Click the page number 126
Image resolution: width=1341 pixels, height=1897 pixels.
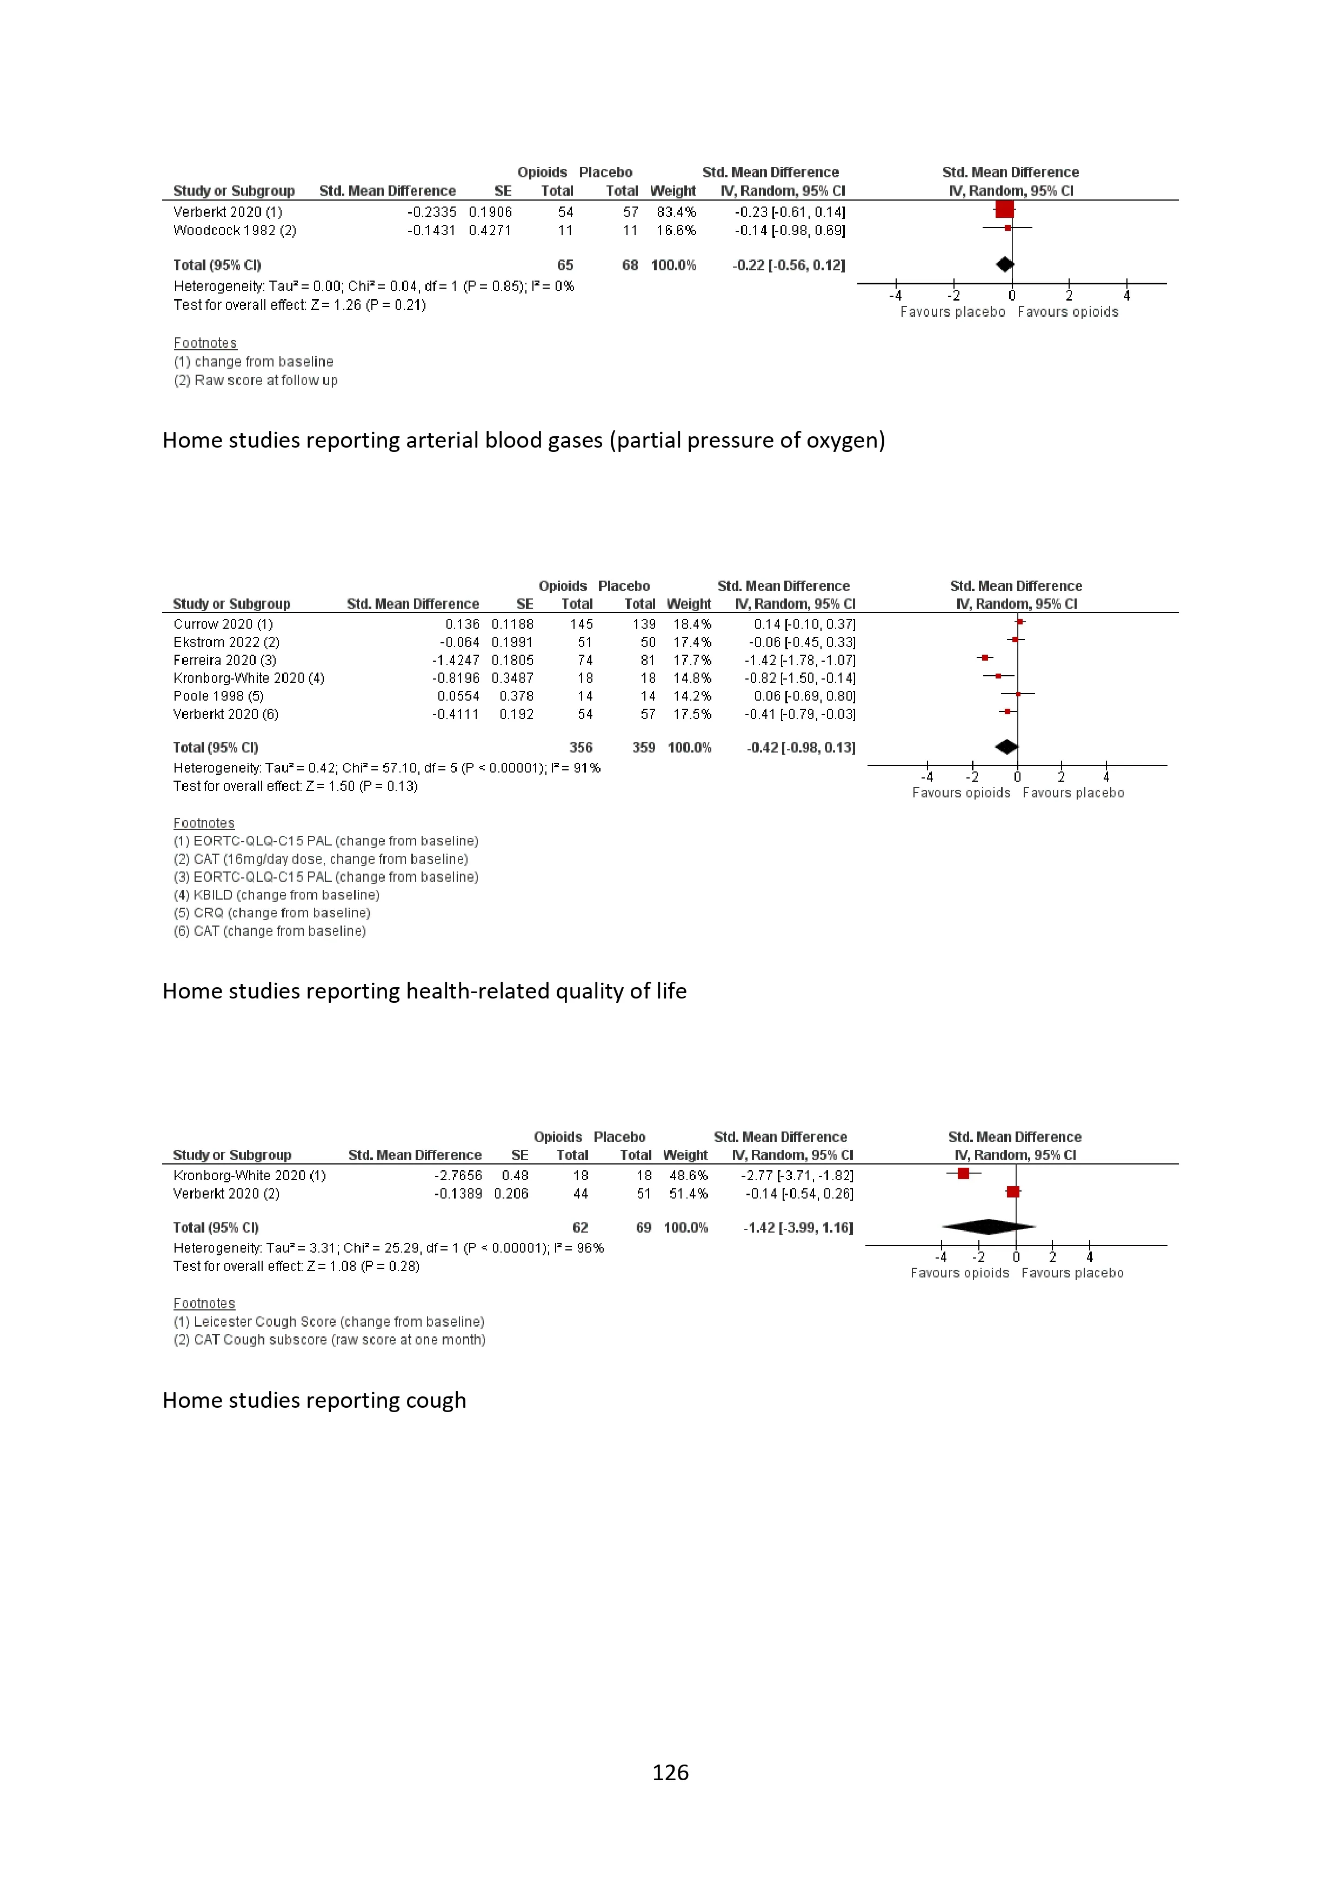pos(670,1772)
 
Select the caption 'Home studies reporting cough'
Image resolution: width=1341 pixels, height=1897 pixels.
pos(314,1400)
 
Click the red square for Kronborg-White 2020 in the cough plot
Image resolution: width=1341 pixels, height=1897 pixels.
pos(963,1173)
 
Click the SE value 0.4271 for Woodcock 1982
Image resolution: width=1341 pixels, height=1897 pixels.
pos(490,230)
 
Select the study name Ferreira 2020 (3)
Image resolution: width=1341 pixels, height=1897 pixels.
pos(225,660)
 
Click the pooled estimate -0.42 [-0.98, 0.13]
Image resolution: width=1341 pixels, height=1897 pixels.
pos(800,748)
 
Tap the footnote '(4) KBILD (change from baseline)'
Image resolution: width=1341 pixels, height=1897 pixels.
pos(276,895)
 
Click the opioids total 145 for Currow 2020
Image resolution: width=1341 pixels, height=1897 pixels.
pos(581,624)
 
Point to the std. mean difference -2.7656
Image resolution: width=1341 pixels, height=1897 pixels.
pos(458,1175)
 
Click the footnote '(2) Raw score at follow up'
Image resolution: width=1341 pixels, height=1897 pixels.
pos(255,380)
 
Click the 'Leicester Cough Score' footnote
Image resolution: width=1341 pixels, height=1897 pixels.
pos(328,1321)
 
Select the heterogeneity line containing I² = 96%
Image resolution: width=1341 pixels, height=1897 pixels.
pos(388,1248)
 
